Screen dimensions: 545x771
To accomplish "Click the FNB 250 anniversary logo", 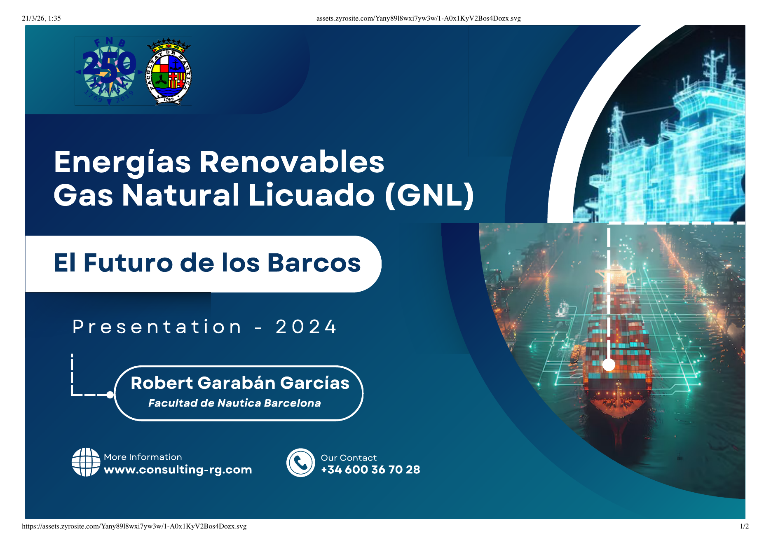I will tap(109, 71).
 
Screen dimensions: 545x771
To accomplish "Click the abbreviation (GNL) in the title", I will tap(429, 195).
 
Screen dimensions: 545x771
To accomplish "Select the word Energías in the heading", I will tap(122, 162).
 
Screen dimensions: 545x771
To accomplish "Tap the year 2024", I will tap(306, 327).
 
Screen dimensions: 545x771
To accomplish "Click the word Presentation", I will tap(157, 327).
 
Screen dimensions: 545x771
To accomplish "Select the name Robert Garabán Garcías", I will tap(240, 383).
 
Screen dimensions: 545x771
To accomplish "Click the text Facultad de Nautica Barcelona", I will tap(234, 403).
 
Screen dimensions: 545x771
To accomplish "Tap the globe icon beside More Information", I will tap(86, 462).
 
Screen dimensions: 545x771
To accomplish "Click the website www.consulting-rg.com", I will tap(178, 470).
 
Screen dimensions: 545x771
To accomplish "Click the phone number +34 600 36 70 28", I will tap(370, 470).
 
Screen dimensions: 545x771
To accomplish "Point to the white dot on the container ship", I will tap(609, 365).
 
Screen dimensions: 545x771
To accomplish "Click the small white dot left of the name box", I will tap(110, 395).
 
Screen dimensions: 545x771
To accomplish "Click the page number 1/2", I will tap(744, 526).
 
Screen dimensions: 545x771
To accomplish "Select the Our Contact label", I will tap(349, 458).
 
